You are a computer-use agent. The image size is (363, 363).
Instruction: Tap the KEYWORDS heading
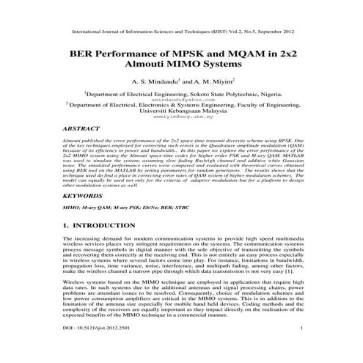tap(84, 197)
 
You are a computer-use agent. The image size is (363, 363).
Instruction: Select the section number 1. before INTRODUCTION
tap(67, 227)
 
